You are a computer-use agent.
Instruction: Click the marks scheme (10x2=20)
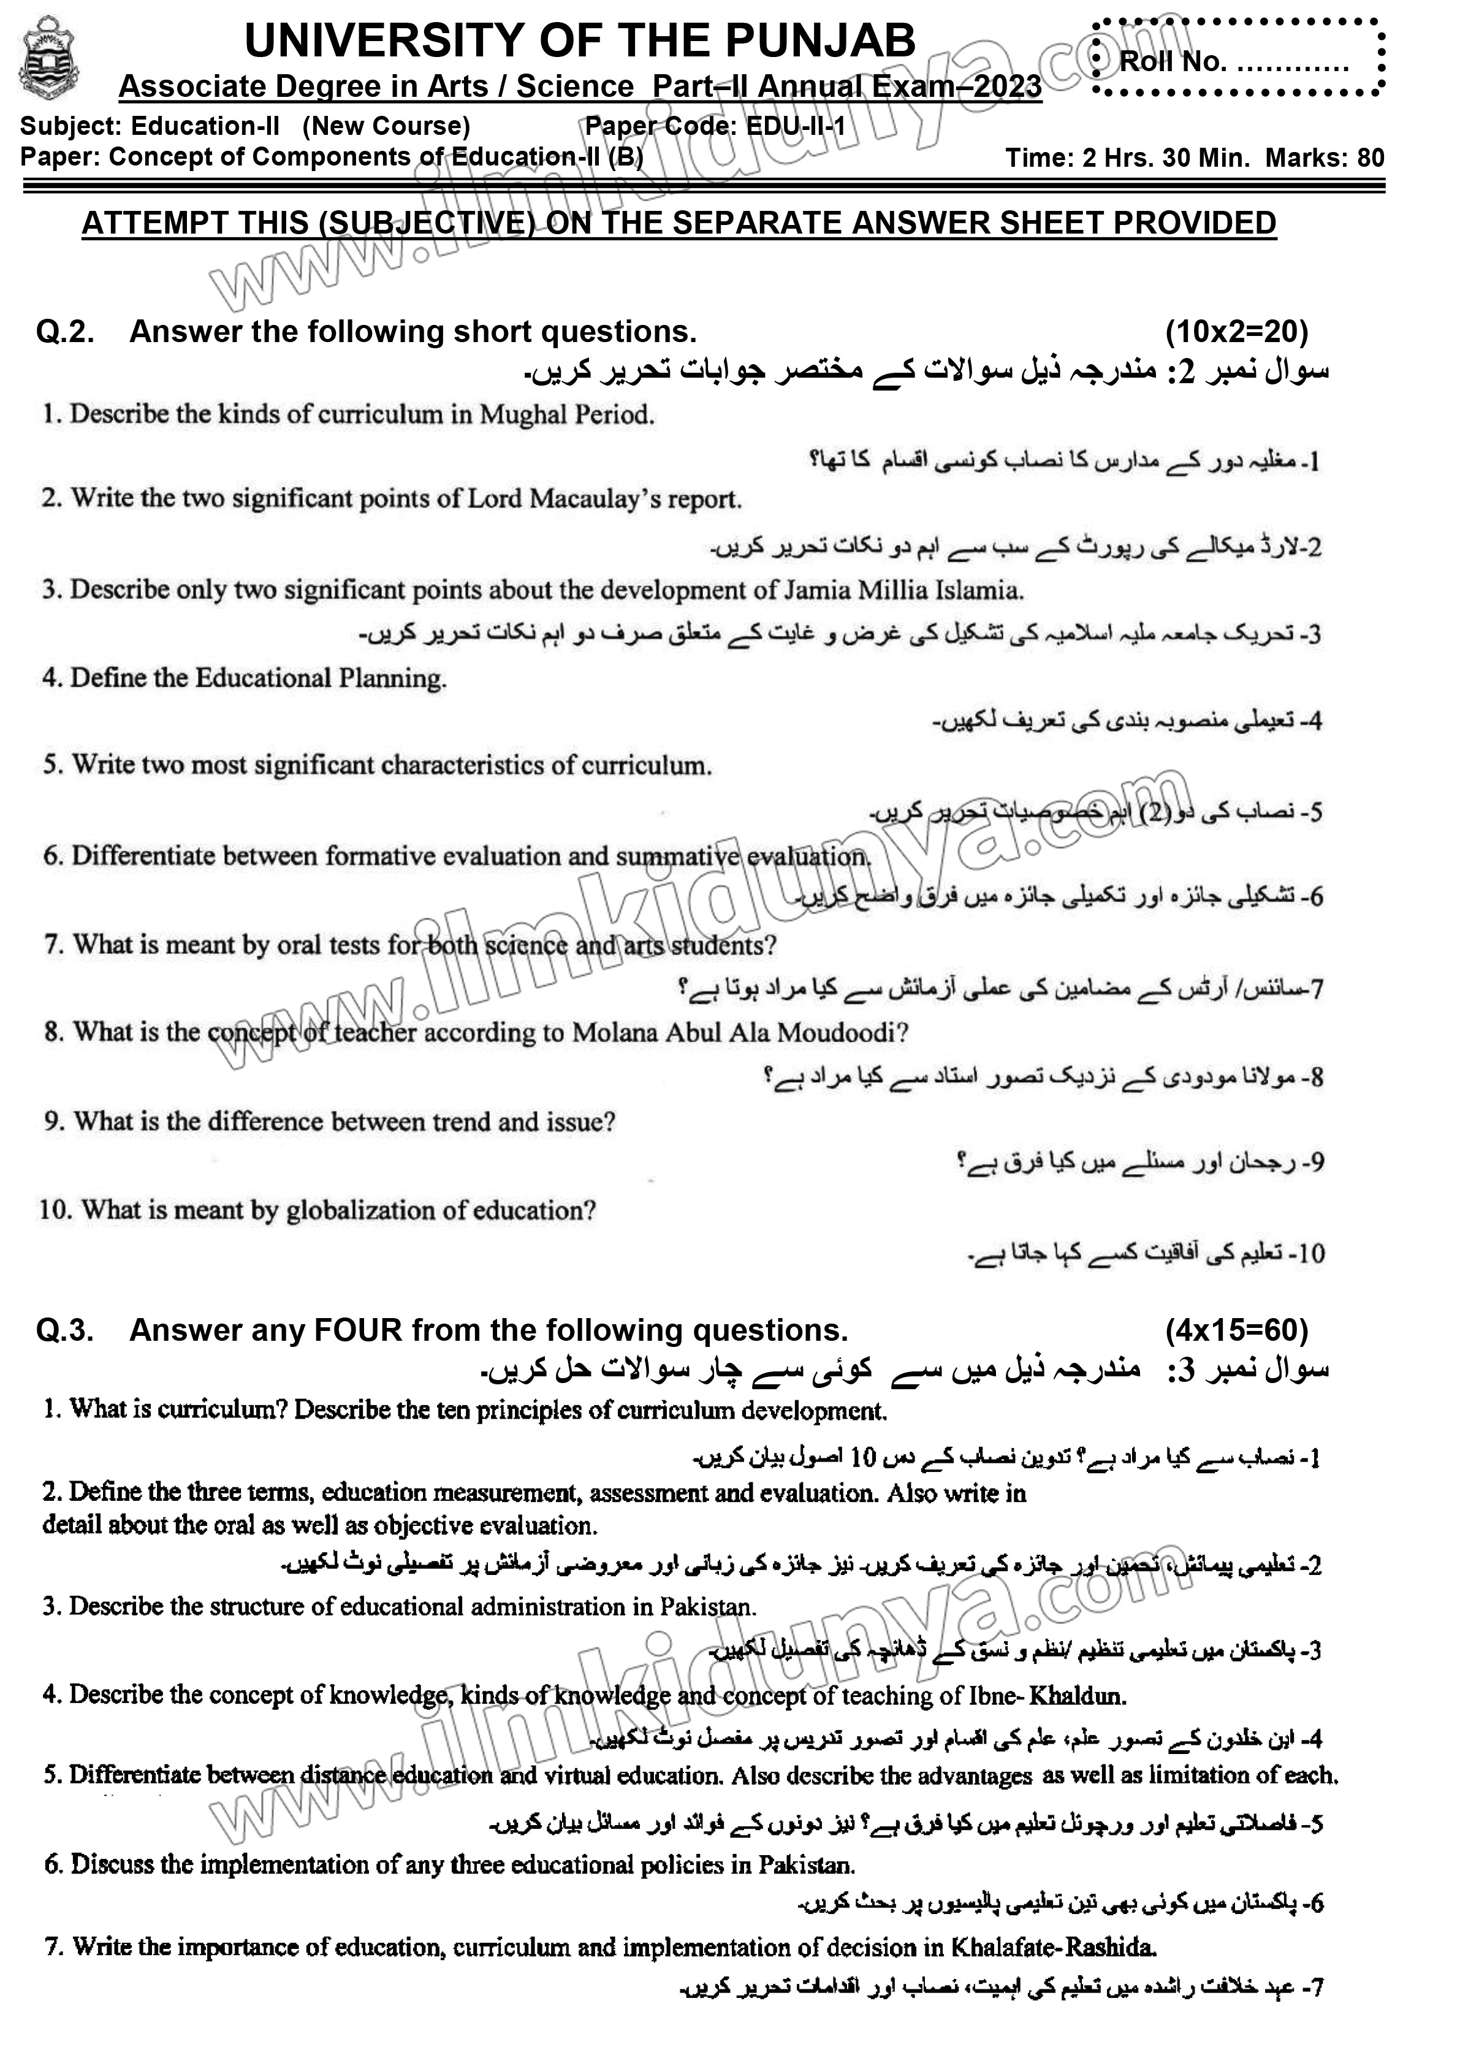click(1236, 333)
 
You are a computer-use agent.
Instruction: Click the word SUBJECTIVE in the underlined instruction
click(422, 223)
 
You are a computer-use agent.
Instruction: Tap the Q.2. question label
click(65, 333)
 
